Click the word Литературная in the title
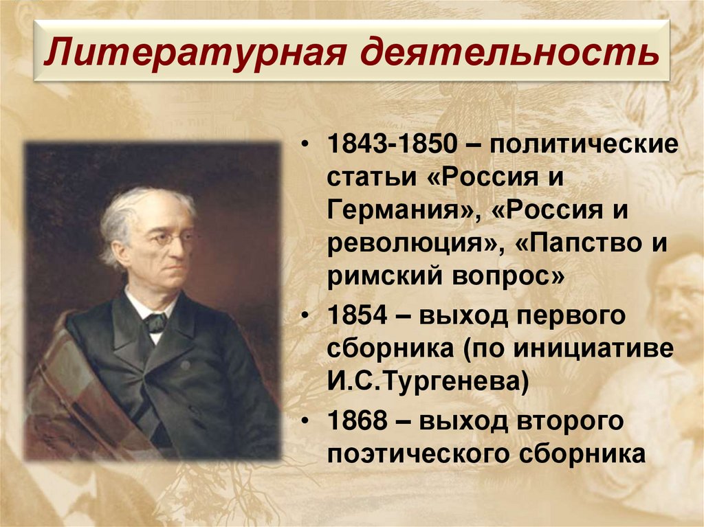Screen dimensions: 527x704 point(194,54)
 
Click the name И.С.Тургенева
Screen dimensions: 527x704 point(427,382)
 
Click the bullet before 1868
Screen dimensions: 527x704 point(303,420)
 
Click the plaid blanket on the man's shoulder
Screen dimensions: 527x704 point(69,399)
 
